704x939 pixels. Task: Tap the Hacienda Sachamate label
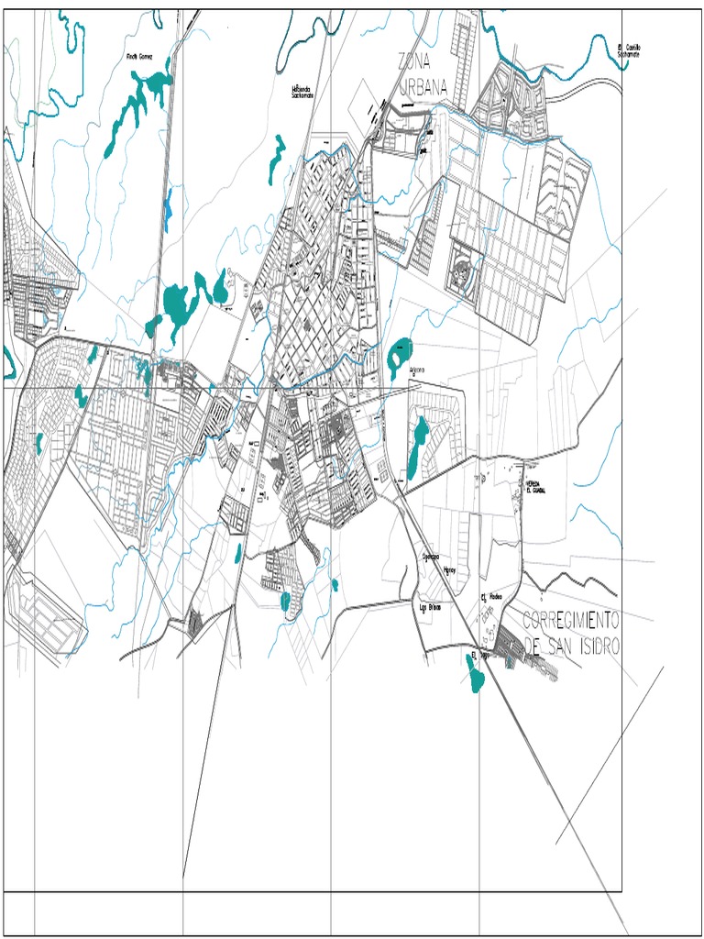(x=302, y=93)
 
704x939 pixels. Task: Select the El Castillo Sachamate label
(x=629, y=50)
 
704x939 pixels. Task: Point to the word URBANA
(x=423, y=88)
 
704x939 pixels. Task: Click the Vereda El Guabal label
(x=535, y=487)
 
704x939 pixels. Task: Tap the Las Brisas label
(x=430, y=607)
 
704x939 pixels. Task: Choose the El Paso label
(x=475, y=657)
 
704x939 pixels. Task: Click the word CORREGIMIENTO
(x=571, y=619)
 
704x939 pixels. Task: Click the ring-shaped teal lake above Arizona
(x=400, y=354)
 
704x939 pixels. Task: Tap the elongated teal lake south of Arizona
(x=419, y=447)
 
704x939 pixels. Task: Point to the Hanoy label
(x=449, y=569)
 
